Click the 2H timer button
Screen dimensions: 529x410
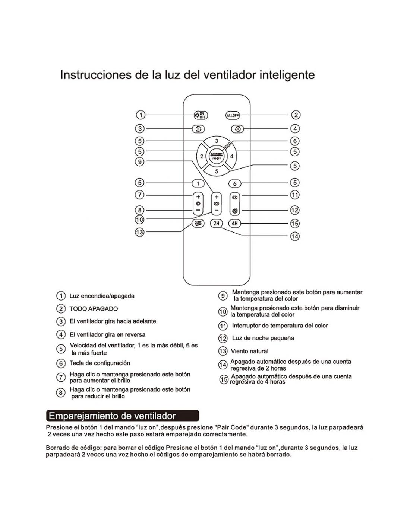pos(216,223)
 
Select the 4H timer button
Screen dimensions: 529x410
pos(234,223)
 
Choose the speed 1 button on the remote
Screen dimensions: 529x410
pos(198,183)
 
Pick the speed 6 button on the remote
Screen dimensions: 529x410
pos(234,183)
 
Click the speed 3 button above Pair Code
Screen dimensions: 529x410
pos(217,141)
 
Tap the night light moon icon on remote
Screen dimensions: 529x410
pos(235,211)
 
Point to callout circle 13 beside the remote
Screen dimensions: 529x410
pos(139,232)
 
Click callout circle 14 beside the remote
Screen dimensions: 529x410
pos(294,236)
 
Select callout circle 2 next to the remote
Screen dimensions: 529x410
pos(295,115)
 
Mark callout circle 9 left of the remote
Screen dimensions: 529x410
pos(139,161)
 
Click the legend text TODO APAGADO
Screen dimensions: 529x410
pos(94,309)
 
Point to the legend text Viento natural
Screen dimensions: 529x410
pos(249,351)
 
